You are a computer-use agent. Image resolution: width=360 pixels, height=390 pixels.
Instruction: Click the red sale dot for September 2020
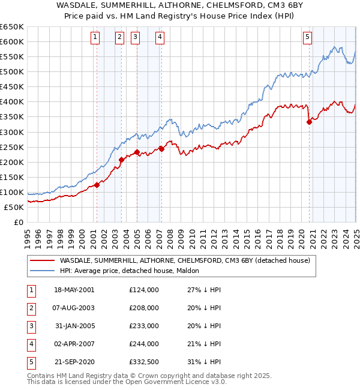[310, 122]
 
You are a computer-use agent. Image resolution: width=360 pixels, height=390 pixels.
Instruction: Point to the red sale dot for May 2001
[97, 185]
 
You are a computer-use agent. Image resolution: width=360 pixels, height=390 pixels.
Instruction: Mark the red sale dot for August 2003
[121, 160]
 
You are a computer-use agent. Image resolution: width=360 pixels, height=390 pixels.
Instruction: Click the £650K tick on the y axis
[12, 27]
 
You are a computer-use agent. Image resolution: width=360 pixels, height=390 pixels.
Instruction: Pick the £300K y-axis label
[12, 132]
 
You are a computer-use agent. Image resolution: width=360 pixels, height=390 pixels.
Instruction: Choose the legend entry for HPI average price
[133, 271]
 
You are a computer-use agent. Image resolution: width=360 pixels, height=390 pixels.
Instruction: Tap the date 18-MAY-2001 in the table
[74, 290]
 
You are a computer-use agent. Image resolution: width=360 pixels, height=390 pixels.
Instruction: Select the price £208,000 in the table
[144, 308]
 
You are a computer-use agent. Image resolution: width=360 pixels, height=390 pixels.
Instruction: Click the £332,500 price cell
[144, 362]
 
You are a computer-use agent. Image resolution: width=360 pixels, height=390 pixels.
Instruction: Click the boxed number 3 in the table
[29, 326]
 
